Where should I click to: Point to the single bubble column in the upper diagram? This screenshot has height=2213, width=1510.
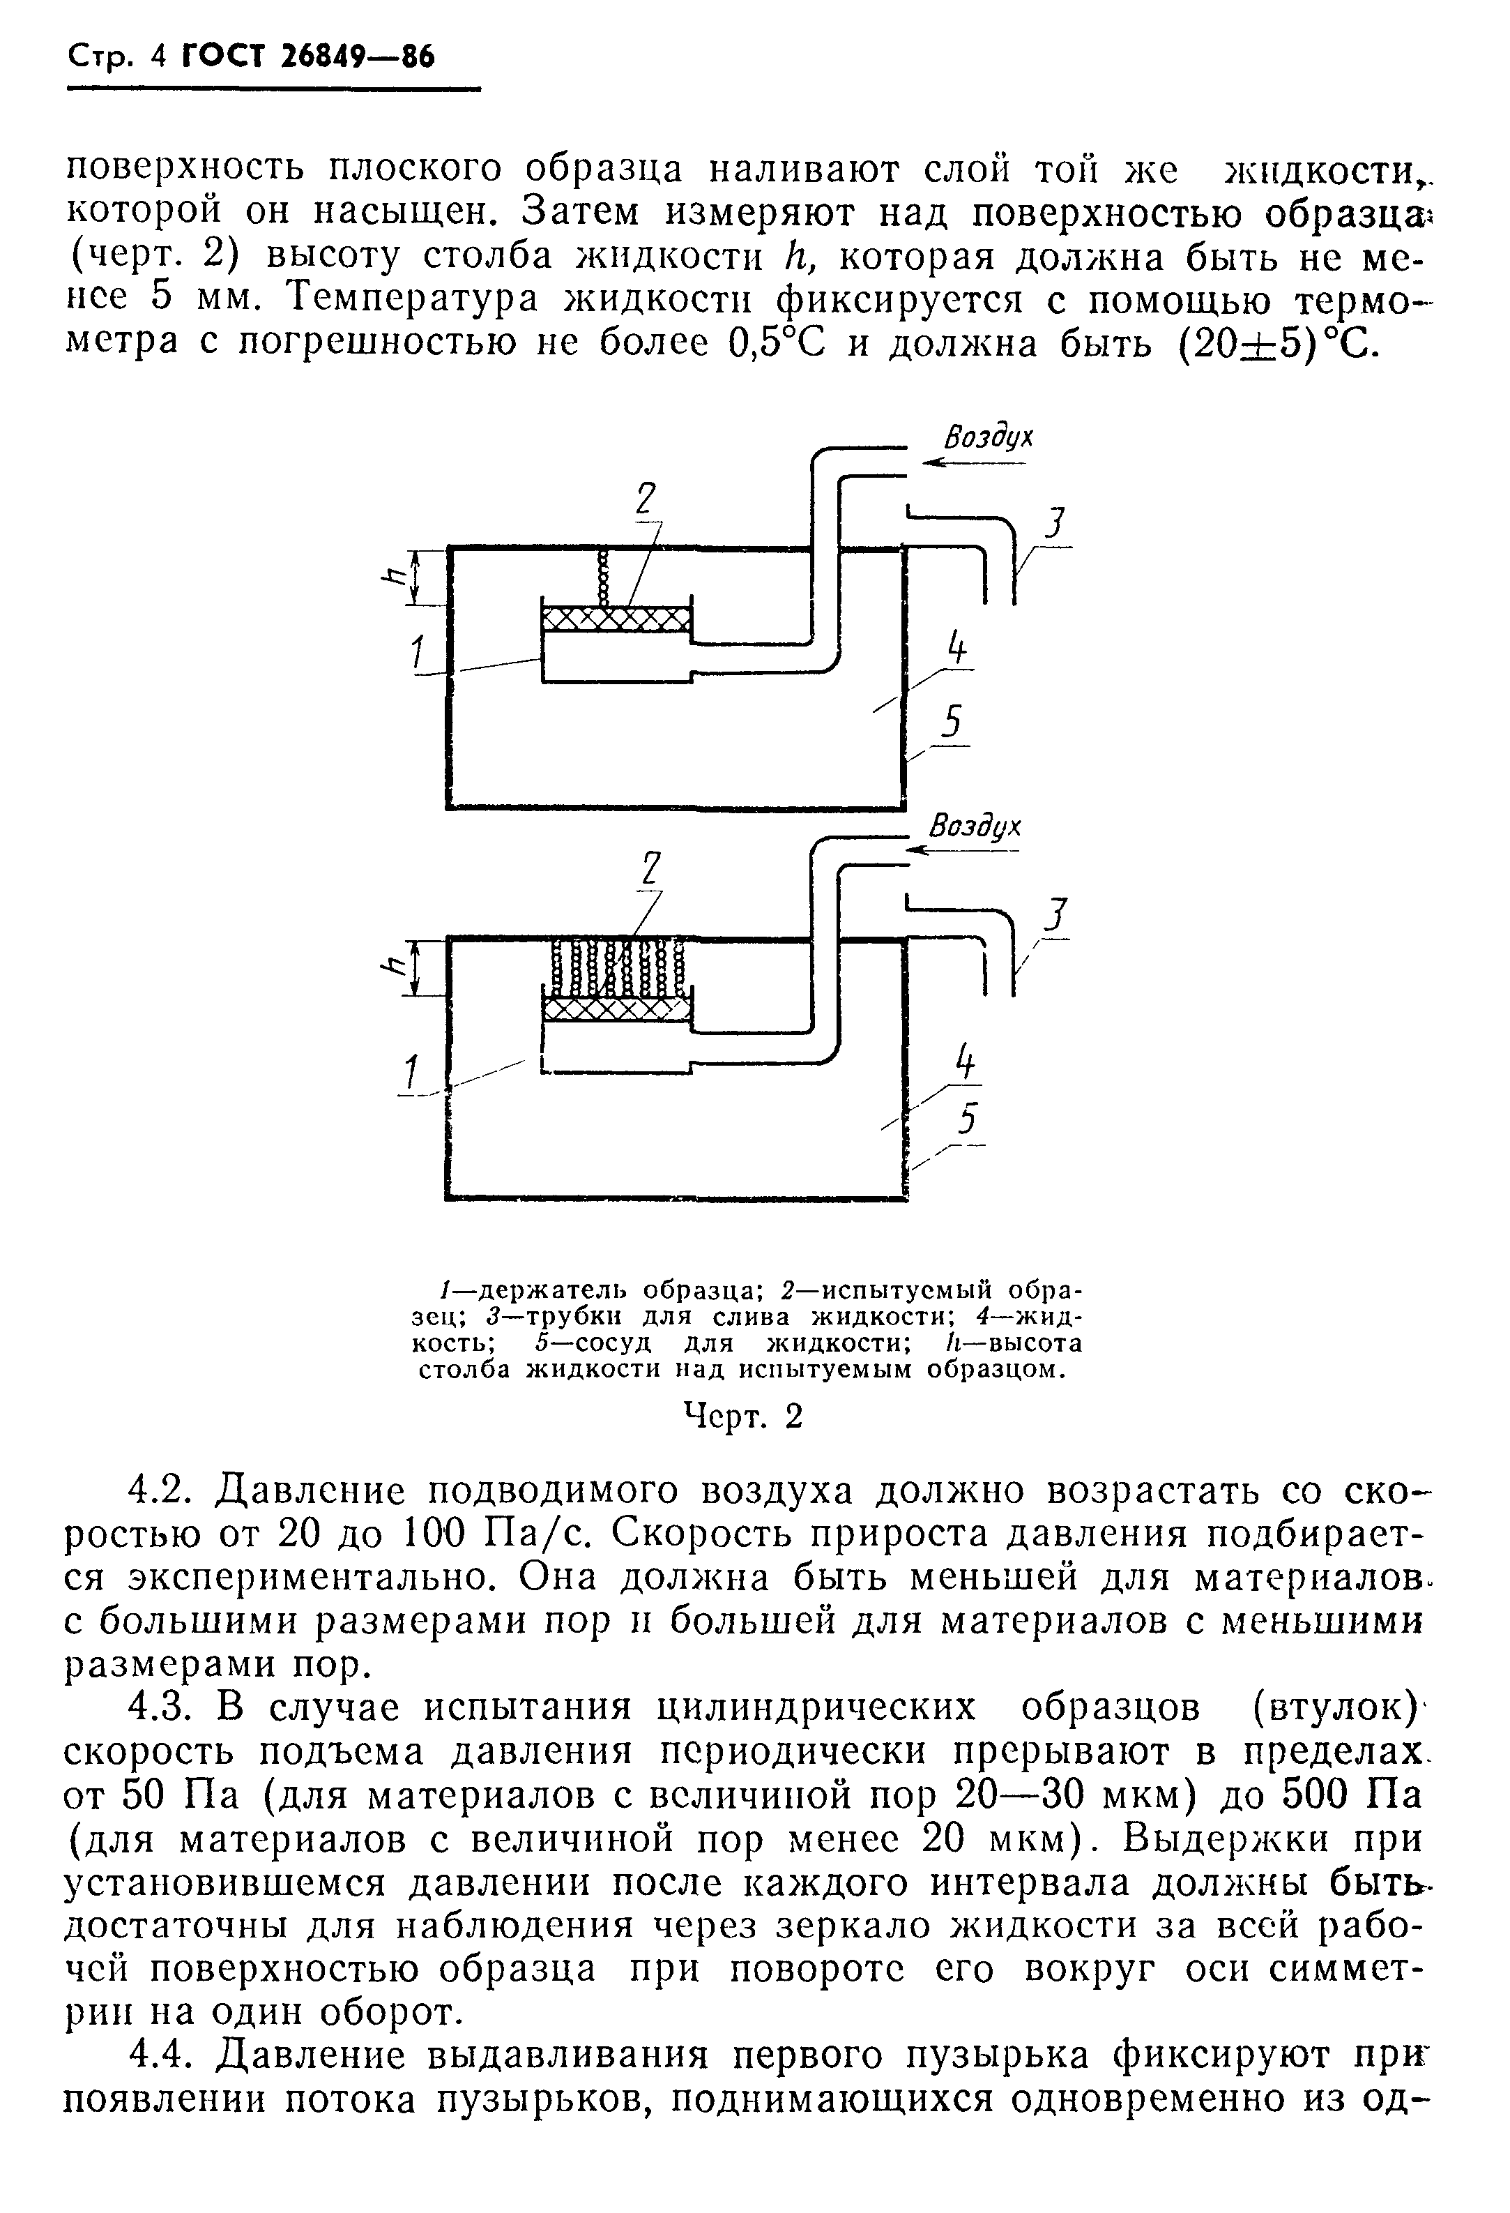coord(602,577)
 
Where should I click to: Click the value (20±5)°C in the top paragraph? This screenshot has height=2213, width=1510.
coord(1276,342)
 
